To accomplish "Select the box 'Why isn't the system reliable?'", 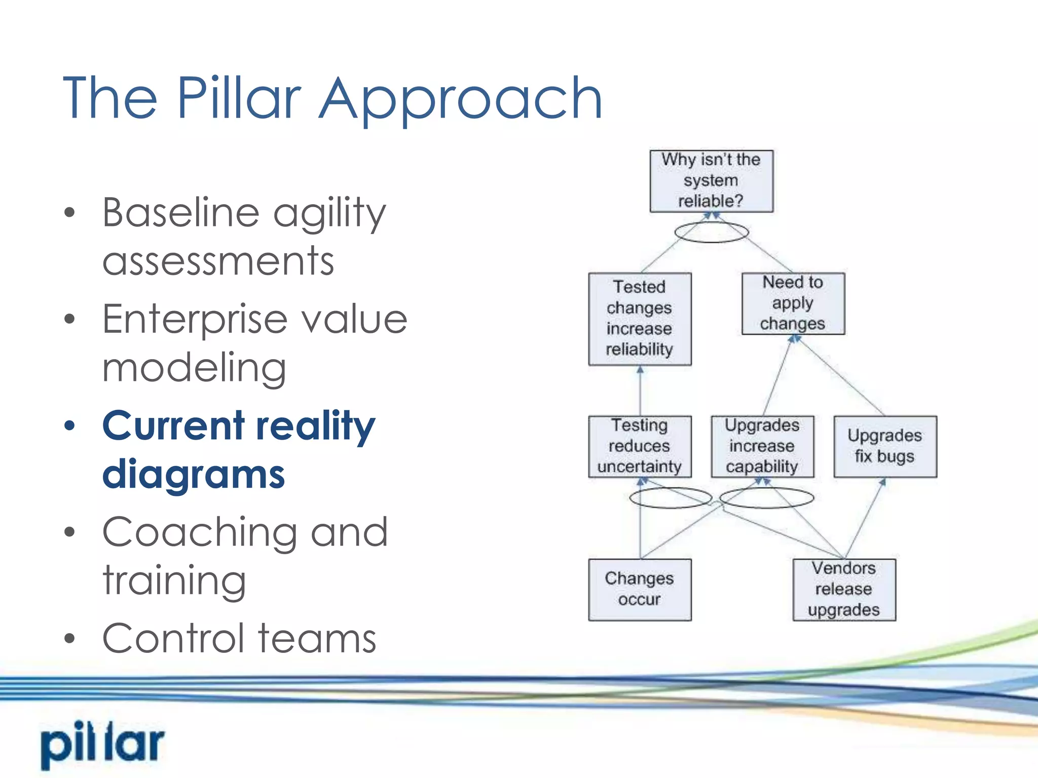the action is pyautogui.click(x=711, y=181).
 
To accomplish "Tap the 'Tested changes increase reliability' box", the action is pyautogui.click(x=640, y=319).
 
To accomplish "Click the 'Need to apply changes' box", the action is pyautogui.click(x=793, y=303).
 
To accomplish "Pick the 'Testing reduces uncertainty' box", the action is pyautogui.click(x=640, y=446).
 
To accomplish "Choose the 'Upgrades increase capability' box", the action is pyautogui.click(x=762, y=446).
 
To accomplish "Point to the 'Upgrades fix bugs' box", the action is pyautogui.click(x=885, y=446).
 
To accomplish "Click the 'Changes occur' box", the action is pyautogui.click(x=640, y=590).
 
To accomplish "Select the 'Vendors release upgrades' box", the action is pyautogui.click(x=844, y=590).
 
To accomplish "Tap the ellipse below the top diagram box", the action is pyautogui.click(x=711, y=232).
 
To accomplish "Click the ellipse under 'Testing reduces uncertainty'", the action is pyautogui.click(x=671, y=498).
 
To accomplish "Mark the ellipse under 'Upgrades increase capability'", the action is pyautogui.click(x=766, y=498).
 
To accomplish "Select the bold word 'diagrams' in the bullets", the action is pyautogui.click(x=194, y=474).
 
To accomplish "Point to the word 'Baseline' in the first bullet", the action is pyautogui.click(x=180, y=212).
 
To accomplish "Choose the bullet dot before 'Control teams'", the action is pyautogui.click(x=69, y=639).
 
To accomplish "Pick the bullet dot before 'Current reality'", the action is pyautogui.click(x=69, y=425).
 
